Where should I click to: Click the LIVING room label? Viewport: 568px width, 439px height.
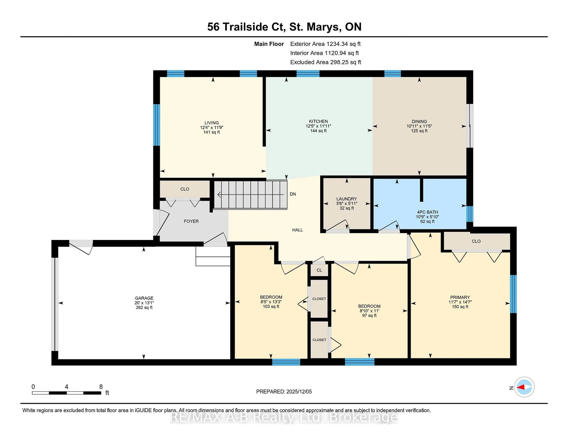(x=211, y=123)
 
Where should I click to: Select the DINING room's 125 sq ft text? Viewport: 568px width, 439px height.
(x=419, y=131)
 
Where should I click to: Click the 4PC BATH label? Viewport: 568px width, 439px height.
(x=427, y=212)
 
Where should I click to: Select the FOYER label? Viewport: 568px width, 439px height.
(x=191, y=221)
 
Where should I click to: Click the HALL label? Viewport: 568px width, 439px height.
(x=297, y=230)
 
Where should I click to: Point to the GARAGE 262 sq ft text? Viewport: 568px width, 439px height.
(x=144, y=307)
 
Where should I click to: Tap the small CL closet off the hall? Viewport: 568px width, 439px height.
(x=319, y=270)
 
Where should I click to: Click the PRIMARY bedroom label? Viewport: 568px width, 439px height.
(x=460, y=297)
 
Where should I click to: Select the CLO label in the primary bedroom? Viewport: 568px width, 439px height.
(x=476, y=241)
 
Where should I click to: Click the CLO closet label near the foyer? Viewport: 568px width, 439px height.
(x=185, y=189)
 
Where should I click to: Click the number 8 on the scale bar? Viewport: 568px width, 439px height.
(x=101, y=387)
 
